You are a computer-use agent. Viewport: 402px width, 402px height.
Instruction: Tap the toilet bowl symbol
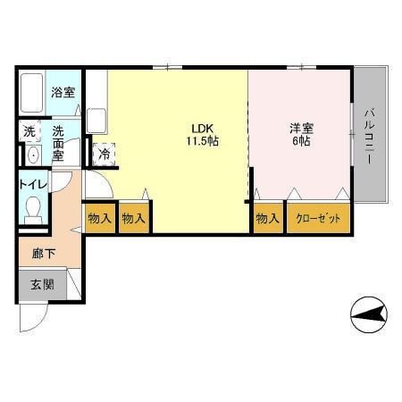click(x=34, y=211)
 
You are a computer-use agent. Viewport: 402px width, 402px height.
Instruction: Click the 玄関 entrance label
click(x=42, y=285)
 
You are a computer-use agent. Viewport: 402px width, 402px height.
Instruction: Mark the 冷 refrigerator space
click(x=104, y=154)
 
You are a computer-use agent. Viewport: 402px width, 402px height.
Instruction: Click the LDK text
click(x=202, y=126)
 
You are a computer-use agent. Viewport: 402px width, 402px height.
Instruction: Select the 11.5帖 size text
click(x=203, y=141)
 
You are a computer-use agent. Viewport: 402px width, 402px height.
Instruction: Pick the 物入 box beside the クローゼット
click(x=267, y=218)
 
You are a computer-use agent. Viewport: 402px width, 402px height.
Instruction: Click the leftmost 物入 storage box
click(x=99, y=218)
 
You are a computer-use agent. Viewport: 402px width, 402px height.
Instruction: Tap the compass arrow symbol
click(x=369, y=314)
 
